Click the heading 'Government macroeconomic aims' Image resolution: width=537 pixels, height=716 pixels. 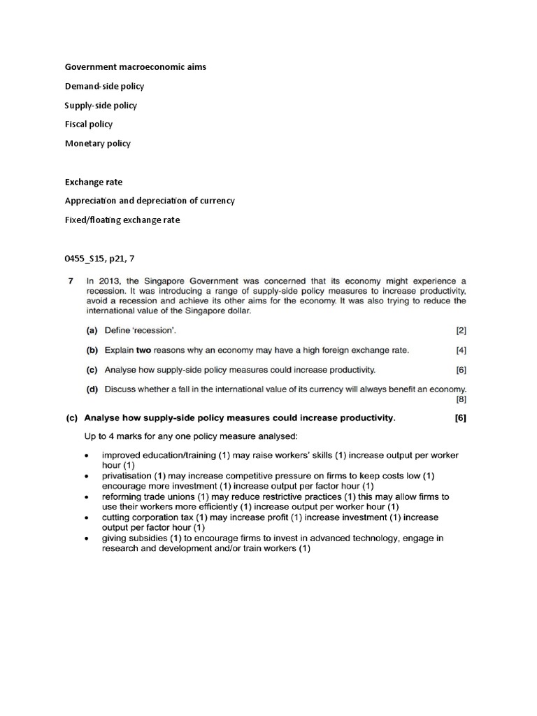coord(136,67)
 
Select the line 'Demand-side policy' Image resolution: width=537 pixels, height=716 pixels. coord(104,86)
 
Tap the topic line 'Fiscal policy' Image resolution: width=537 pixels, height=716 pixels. coord(89,124)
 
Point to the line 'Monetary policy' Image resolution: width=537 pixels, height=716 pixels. coord(98,143)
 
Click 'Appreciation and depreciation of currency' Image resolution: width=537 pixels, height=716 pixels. coord(150,201)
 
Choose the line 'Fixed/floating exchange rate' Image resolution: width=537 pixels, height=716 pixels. coord(122,220)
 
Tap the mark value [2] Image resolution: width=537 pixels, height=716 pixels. coord(460,329)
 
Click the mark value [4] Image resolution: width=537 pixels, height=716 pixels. coord(460,350)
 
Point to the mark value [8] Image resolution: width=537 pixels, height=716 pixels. coord(460,400)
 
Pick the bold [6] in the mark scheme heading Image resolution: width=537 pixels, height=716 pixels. coord(460,419)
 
